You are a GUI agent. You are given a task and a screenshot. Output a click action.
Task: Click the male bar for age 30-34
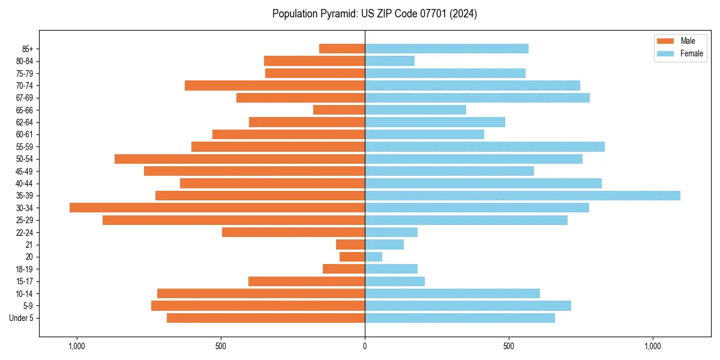217,208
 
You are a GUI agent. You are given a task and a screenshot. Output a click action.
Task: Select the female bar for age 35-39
522,196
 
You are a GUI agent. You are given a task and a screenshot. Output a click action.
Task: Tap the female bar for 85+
446,49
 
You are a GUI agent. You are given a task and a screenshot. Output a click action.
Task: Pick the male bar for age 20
352,257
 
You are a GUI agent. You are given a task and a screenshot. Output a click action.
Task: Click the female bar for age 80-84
389,61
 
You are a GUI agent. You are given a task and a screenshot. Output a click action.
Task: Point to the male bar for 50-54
239,159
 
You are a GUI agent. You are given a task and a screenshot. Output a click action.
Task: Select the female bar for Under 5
460,318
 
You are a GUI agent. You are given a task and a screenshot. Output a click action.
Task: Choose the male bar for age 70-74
275,85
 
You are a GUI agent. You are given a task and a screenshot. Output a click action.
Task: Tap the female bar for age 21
384,244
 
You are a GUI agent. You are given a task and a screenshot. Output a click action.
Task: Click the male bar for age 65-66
339,110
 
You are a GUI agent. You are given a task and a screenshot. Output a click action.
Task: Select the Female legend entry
679,53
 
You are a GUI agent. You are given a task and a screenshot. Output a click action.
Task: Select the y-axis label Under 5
22,318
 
